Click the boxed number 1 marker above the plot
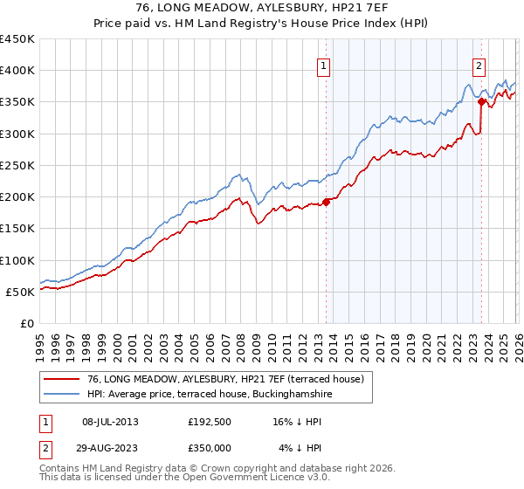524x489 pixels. point(324,65)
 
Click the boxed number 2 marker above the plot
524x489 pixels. point(479,65)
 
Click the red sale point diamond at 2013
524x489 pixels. point(327,202)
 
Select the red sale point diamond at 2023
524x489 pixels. point(481,101)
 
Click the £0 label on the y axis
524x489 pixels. point(26,323)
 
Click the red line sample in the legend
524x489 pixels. point(63,379)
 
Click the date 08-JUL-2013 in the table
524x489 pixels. point(110,422)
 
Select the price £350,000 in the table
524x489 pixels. point(215,448)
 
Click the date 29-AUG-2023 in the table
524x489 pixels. point(110,448)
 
